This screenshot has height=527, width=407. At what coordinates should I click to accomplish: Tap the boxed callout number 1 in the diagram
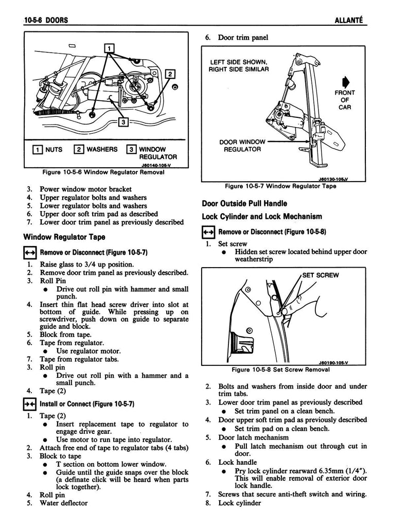tap(109, 48)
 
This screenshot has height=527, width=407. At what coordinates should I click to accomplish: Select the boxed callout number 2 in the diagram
tap(170, 74)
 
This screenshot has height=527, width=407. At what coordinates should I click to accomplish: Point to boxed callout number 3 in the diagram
tap(123, 122)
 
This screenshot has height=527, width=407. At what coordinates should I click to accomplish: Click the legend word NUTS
tap(53, 149)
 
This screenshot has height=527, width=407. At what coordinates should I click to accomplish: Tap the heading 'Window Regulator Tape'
tap(64, 237)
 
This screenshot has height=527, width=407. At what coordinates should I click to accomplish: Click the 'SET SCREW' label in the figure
tap(320, 275)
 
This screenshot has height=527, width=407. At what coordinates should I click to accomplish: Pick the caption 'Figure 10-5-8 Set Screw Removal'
tap(281, 370)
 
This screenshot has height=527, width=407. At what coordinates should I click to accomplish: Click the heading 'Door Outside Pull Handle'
tap(244, 203)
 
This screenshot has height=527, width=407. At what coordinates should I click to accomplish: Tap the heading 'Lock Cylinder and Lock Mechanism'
tap(262, 216)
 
